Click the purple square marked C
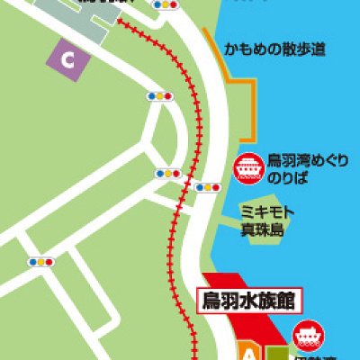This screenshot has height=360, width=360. coord(67,59)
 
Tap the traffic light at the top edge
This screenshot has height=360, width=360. coord(165,4)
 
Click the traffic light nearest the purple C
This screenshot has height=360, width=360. coord(158,95)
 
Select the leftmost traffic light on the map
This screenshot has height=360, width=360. coord(41,262)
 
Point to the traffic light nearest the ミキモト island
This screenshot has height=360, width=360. coord(209,187)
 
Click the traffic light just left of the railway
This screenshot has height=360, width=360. coord(167,174)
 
